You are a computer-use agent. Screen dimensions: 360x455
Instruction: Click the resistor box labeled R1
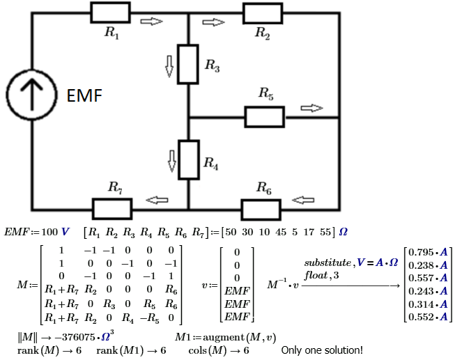point(110,13)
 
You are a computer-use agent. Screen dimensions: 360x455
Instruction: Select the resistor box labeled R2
point(263,13)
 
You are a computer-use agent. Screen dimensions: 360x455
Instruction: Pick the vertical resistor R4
point(189,159)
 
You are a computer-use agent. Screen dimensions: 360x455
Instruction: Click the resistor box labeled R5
point(263,116)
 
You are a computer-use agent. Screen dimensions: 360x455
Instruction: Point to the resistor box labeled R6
point(261,208)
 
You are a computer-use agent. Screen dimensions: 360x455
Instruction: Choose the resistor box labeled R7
point(112,208)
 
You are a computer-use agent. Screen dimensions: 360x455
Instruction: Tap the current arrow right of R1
point(151,22)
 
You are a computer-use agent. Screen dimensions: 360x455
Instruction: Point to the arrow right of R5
point(312,108)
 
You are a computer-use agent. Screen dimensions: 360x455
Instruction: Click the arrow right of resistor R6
point(302,201)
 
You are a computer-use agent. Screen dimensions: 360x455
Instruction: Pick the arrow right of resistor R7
point(156,201)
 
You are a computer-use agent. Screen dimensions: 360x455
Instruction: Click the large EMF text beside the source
point(84,97)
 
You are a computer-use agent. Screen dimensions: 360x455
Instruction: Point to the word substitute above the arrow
point(329,264)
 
